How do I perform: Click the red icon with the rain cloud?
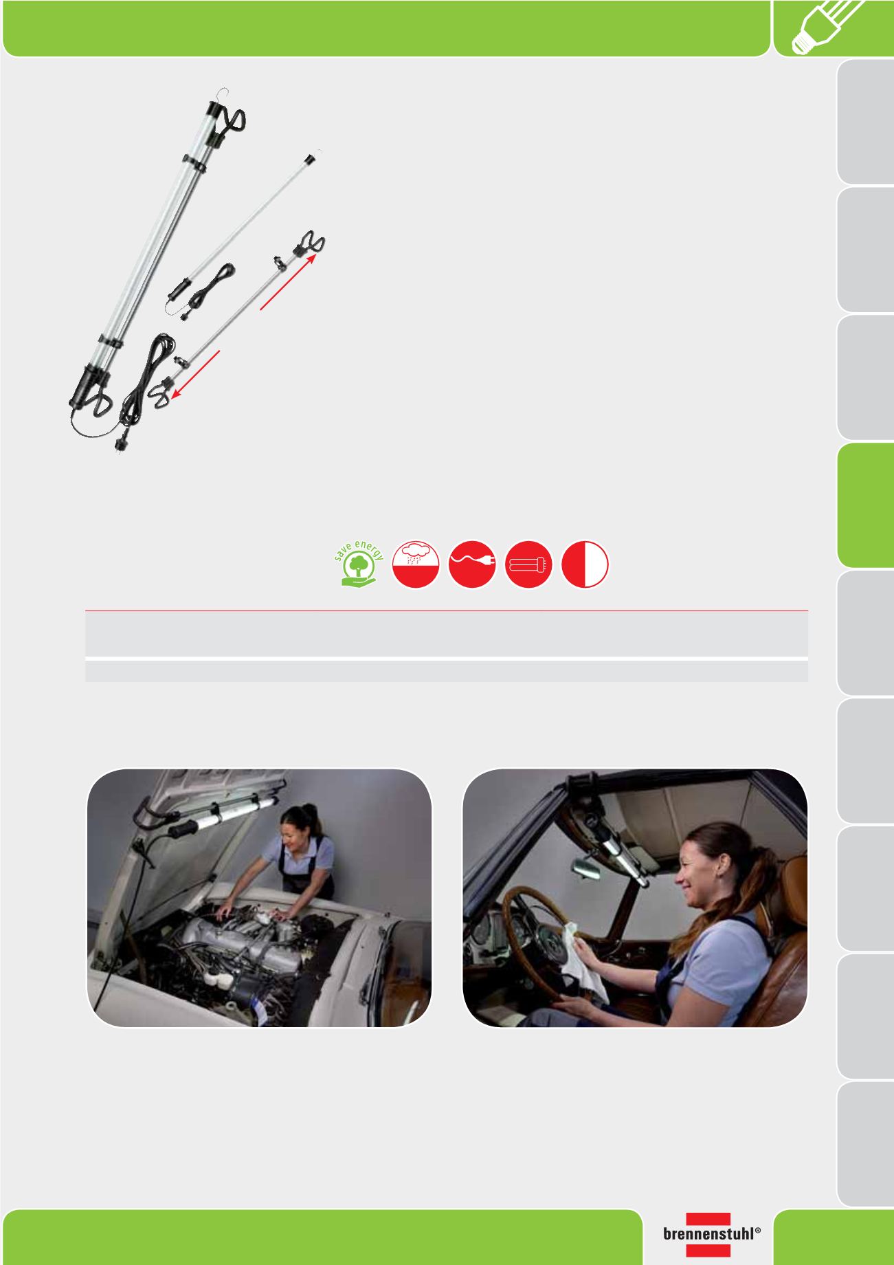(416, 564)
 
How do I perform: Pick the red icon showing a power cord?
(472, 564)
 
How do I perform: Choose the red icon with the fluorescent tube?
(528, 564)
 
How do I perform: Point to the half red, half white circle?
(585, 564)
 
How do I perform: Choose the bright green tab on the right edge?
(865, 505)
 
